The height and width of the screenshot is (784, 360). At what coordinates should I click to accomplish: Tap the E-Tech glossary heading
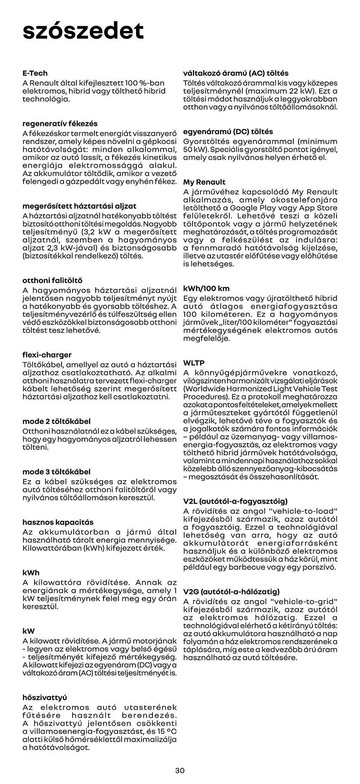(35, 73)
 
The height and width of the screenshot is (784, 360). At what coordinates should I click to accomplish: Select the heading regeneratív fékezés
(60, 123)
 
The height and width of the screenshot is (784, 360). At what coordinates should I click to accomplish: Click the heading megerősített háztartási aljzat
(80, 206)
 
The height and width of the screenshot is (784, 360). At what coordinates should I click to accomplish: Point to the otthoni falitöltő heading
(53, 280)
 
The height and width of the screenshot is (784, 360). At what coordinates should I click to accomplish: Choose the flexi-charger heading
(47, 355)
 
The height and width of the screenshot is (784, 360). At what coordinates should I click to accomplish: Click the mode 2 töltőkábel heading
(56, 421)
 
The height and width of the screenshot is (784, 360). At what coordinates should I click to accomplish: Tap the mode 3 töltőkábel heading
(56, 472)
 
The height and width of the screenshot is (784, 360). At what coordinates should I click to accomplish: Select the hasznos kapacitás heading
(58, 522)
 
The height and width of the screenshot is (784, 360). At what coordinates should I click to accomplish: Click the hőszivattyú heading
(45, 697)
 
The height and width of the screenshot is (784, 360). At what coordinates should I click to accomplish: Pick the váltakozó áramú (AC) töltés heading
(236, 73)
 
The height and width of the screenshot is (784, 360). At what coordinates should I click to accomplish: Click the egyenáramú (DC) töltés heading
(228, 131)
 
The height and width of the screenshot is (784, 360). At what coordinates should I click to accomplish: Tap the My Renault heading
(204, 182)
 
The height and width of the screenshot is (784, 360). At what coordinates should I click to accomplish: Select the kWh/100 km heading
(206, 288)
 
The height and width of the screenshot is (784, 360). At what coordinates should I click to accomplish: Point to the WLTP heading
(194, 363)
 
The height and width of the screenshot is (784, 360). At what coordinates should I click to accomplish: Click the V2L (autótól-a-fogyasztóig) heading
(235, 501)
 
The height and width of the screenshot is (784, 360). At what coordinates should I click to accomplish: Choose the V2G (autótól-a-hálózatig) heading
(231, 592)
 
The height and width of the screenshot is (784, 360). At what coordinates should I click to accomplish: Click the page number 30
(180, 770)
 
